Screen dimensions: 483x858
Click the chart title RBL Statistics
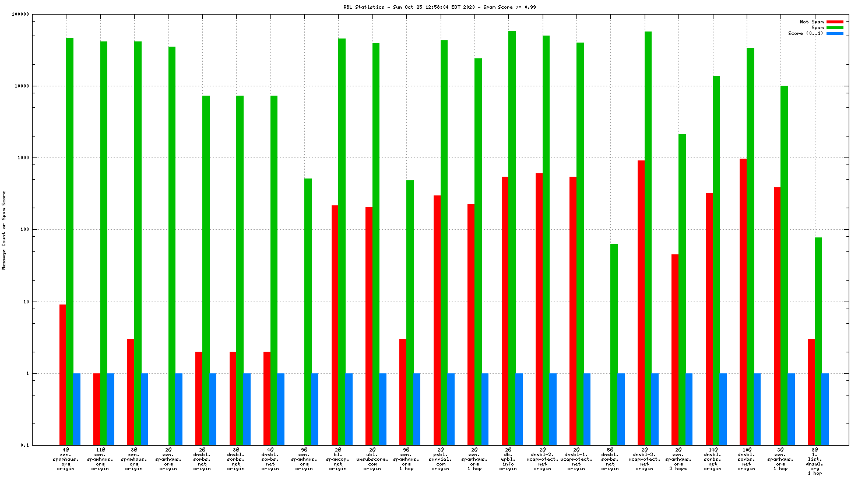point(439,7)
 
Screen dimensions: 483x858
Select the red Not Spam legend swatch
point(835,22)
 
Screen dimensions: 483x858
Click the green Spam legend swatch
point(835,27)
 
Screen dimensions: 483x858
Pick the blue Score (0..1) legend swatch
point(835,33)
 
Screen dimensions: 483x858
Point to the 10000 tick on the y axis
point(22,86)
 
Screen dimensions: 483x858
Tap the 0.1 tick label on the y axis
point(24,445)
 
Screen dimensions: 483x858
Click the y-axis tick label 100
point(24,230)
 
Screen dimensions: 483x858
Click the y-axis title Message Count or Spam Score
point(4,230)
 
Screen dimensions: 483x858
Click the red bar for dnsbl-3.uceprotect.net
point(641,303)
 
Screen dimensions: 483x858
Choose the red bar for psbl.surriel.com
point(437,320)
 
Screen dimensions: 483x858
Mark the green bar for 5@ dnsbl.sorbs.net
point(614,344)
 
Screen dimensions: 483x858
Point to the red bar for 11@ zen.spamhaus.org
point(97,409)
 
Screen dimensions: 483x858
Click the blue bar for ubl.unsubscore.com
point(383,409)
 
